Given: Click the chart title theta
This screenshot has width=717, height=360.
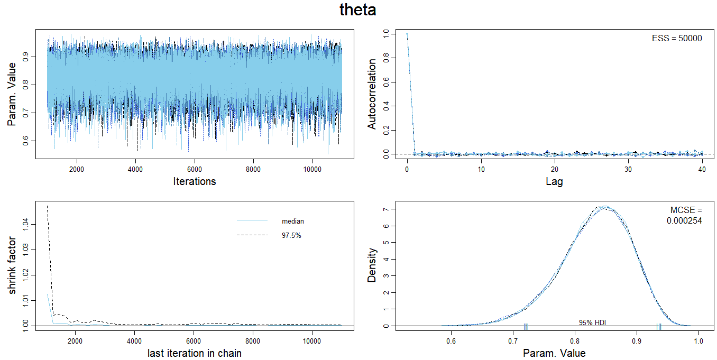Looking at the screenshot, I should click(x=358, y=11).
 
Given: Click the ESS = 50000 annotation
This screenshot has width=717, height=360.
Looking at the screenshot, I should click(x=677, y=39).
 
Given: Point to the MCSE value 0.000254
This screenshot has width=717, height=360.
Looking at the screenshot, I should click(x=684, y=221).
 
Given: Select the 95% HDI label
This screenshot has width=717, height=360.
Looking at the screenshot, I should click(x=593, y=322).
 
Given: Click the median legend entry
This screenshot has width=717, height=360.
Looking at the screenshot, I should click(x=292, y=221).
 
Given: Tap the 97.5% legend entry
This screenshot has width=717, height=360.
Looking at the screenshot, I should click(x=291, y=235).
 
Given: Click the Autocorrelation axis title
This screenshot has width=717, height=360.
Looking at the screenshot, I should click(x=372, y=94).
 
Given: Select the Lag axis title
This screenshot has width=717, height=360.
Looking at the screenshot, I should click(x=555, y=182).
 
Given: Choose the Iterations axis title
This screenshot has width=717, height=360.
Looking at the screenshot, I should click(x=195, y=181).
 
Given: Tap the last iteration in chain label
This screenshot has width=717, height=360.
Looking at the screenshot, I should click(x=195, y=353).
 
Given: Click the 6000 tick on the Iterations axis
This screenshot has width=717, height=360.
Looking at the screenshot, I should click(x=195, y=169).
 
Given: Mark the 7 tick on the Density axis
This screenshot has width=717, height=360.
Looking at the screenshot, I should click(x=387, y=209).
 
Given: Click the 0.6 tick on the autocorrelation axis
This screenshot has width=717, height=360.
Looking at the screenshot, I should click(x=387, y=82).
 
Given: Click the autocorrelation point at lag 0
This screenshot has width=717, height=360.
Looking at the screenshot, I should click(x=407, y=34).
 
